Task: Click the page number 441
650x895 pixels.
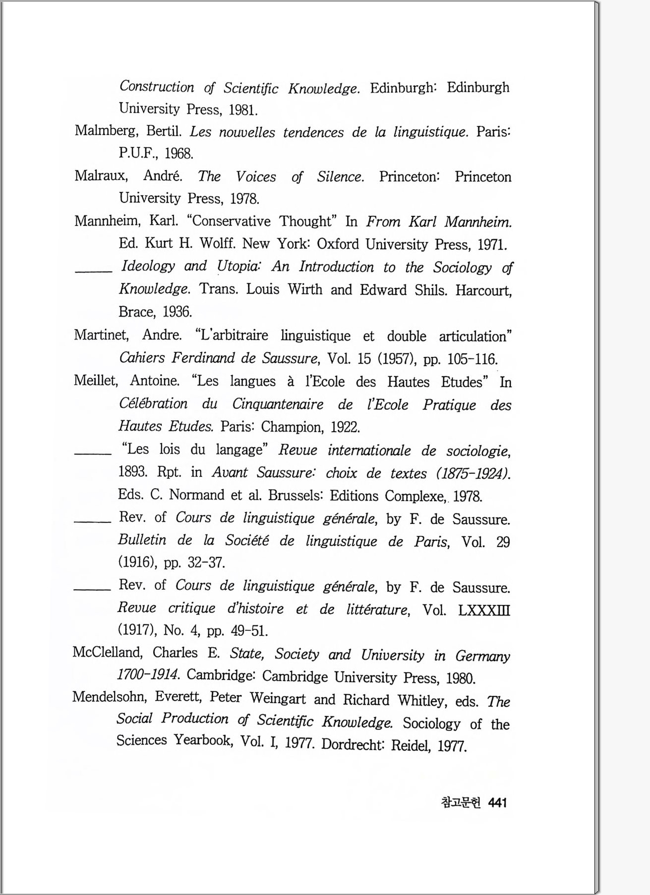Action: (497, 803)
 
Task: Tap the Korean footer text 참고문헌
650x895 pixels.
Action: (461, 803)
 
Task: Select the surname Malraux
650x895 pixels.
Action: (101, 175)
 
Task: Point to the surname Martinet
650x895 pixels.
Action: (101, 335)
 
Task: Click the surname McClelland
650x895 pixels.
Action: (108, 652)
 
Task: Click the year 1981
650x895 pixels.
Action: (242, 110)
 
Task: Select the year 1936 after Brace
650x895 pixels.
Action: (177, 312)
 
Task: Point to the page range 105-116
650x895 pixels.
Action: (472, 359)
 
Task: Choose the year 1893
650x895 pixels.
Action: (132, 471)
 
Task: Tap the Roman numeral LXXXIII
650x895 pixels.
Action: (484, 610)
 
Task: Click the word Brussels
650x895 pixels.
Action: (295, 495)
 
